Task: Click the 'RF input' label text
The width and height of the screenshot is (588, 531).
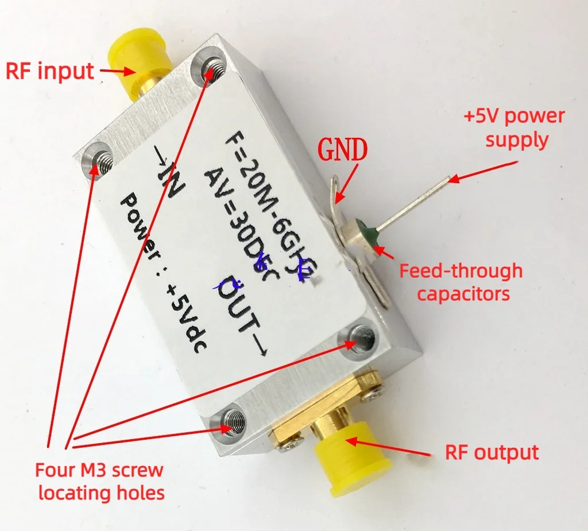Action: coord(49,71)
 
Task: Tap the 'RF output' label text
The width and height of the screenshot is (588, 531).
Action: coord(492,452)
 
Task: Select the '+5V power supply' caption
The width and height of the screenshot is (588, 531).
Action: coord(514,127)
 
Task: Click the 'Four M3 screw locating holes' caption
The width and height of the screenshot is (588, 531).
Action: coord(100,481)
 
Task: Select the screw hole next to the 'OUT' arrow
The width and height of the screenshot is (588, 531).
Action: coord(361,338)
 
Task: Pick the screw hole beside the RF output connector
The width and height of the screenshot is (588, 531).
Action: coord(234,423)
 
